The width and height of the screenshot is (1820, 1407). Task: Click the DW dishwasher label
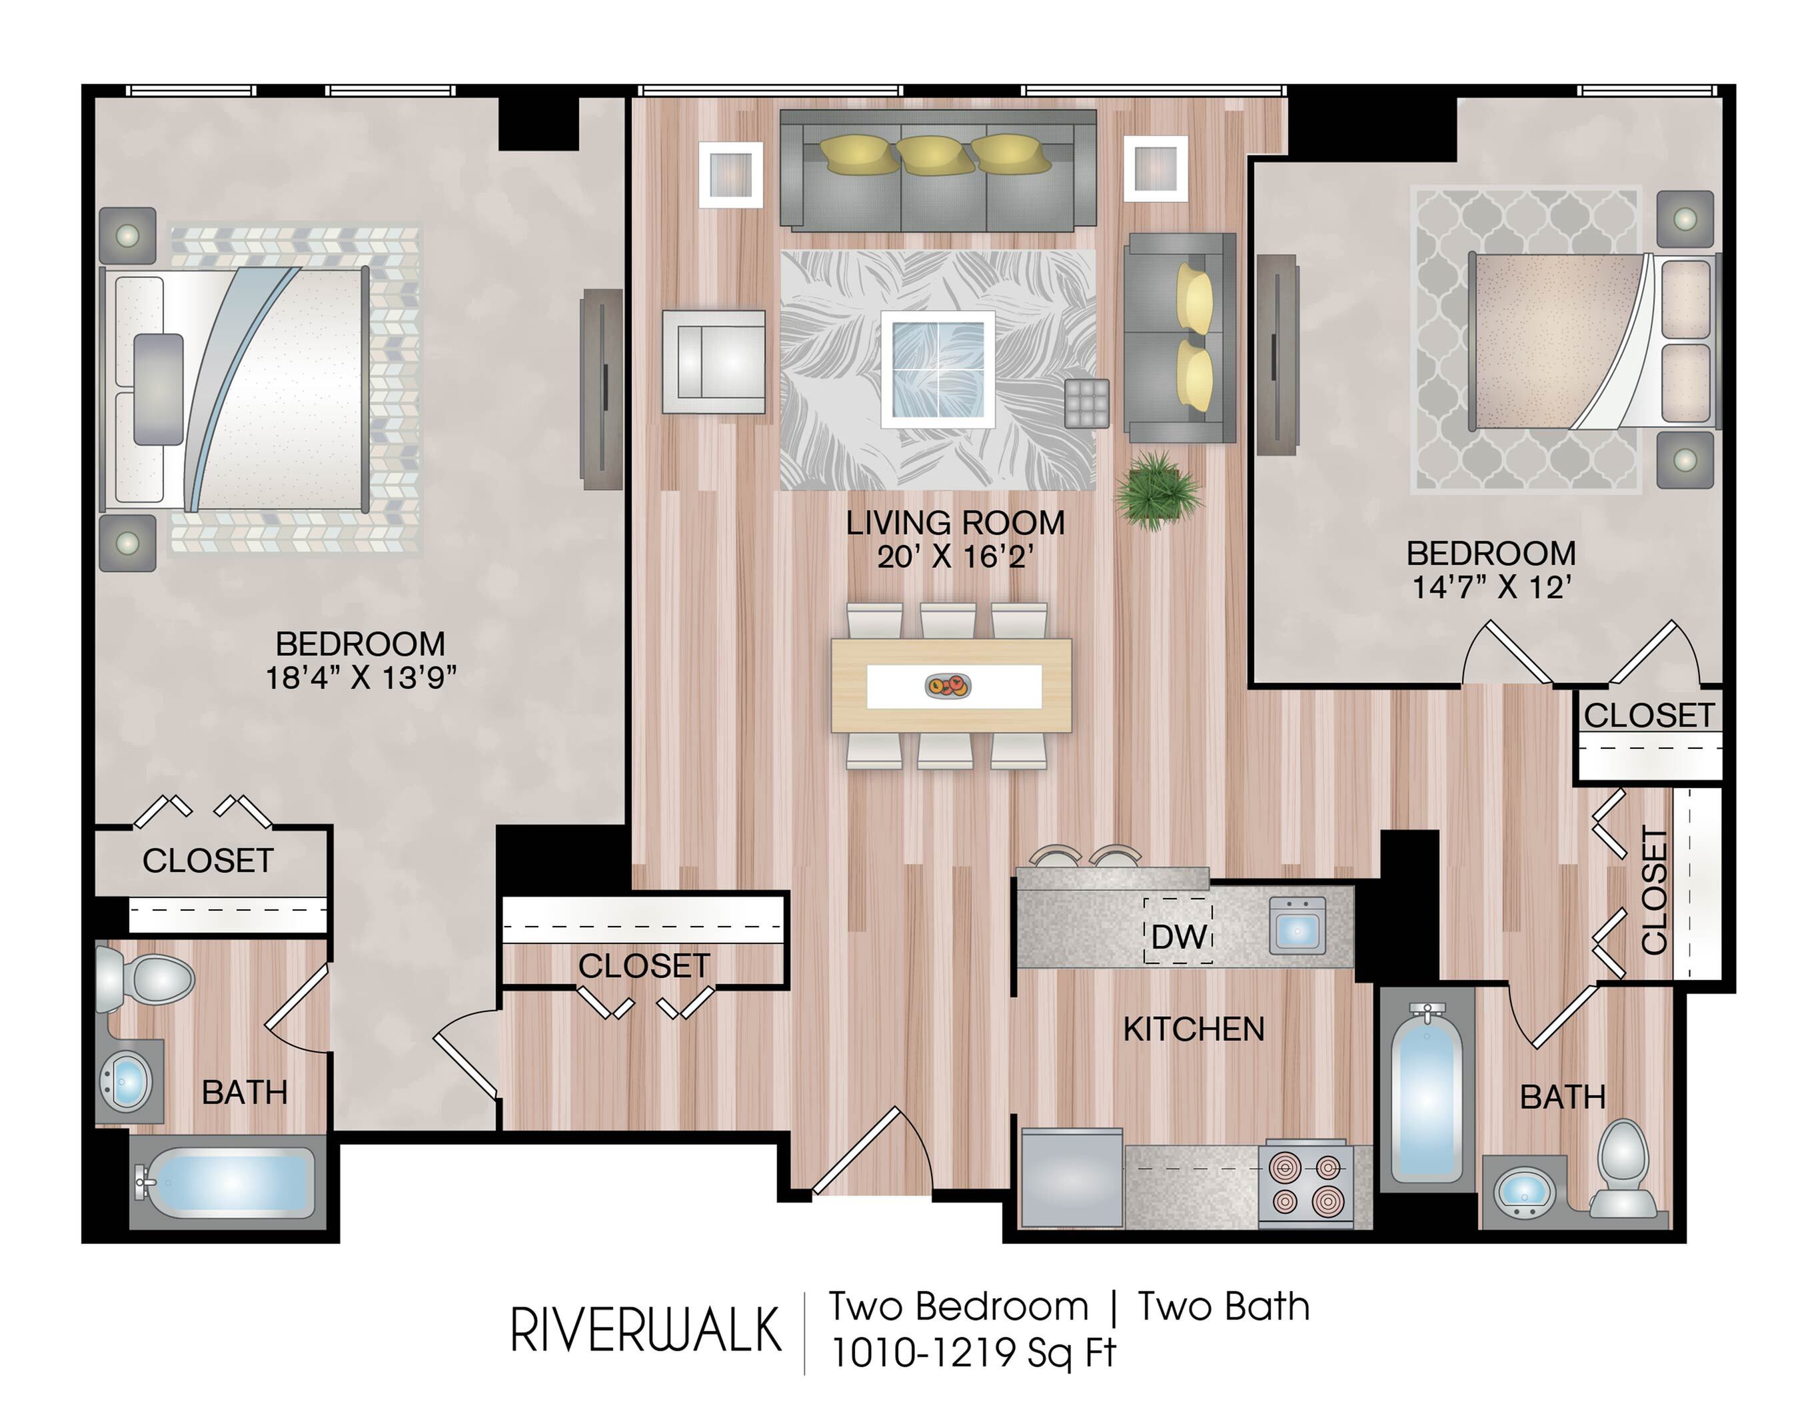pyautogui.click(x=1178, y=936)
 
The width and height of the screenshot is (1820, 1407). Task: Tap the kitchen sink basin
pyautogui.click(x=1298, y=925)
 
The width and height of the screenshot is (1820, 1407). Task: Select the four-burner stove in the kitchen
pyautogui.click(x=1306, y=1184)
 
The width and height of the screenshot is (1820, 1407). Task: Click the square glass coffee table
pyautogui.click(x=938, y=370)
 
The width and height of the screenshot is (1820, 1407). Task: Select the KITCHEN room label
pyautogui.click(x=1194, y=1030)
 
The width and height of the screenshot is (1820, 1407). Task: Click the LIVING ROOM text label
pyautogui.click(x=955, y=523)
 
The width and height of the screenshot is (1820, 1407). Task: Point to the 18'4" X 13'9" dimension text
pyautogui.click(x=361, y=678)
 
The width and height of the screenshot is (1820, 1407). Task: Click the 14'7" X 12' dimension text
pyautogui.click(x=1491, y=588)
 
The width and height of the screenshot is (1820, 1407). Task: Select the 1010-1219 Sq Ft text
pyautogui.click(x=974, y=1353)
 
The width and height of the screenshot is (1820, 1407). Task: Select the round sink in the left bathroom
pyautogui.click(x=126, y=1081)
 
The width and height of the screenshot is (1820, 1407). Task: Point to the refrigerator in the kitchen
pyautogui.click(x=1072, y=1177)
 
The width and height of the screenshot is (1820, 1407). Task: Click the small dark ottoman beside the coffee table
pyautogui.click(x=1087, y=403)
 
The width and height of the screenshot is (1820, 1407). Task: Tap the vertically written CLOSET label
pyautogui.click(x=1654, y=889)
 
